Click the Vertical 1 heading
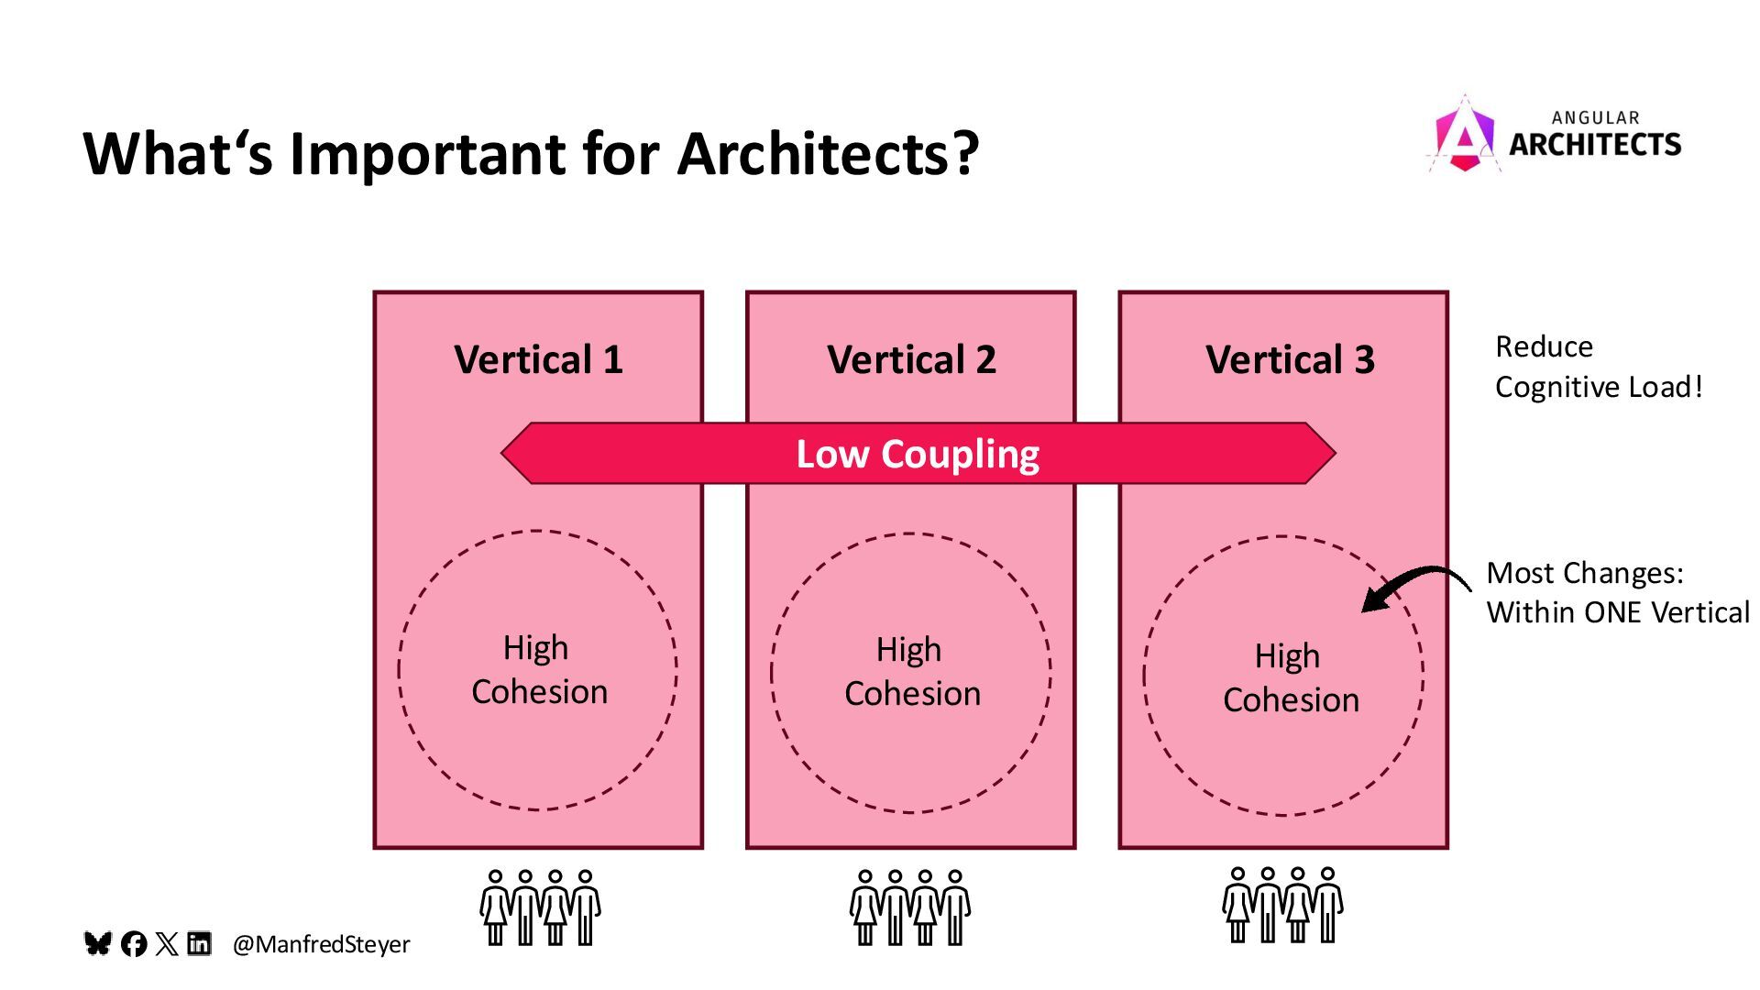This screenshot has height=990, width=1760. click(x=538, y=359)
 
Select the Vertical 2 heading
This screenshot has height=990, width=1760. click(x=911, y=359)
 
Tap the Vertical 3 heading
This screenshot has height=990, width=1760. click(x=1290, y=359)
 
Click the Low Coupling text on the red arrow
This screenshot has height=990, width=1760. click(x=918, y=454)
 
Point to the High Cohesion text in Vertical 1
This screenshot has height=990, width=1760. click(x=539, y=670)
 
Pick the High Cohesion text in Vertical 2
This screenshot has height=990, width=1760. click(x=912, y=672)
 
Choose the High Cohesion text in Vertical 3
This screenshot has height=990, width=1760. click(x=1291, y=678)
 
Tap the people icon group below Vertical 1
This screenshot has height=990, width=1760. click(x=540, y=907)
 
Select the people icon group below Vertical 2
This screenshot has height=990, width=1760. click(x=910, y=907)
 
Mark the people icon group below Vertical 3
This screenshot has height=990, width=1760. click(x=1282, y=906)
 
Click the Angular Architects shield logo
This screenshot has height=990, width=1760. click(x=1464, y=136)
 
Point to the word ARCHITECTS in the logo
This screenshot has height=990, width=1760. click(x=1595, y=145)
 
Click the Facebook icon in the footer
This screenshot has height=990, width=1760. click(x=134, y=944)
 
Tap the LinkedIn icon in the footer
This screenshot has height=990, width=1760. click(x=199, y=943)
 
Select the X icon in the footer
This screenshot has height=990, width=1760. click(x=167, y=944)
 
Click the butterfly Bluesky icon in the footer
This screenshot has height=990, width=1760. click(x=98, y=943)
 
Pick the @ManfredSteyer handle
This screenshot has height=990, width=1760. click(x=321, y=944)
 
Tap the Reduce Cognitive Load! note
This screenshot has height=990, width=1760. click(x=1598, y=367)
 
